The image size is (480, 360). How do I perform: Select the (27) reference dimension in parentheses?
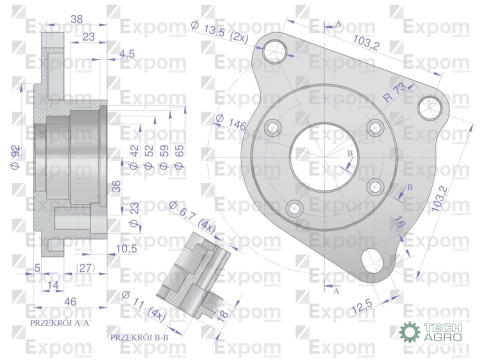85,267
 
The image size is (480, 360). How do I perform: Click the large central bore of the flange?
330,165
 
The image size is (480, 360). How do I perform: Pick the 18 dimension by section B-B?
222,313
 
